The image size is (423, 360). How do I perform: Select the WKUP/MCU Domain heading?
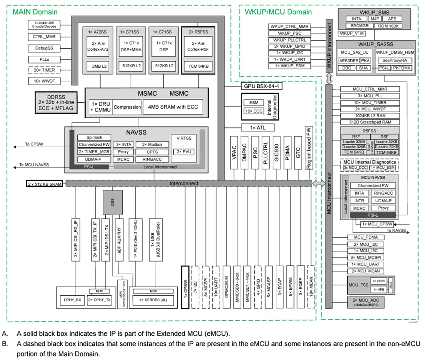278,12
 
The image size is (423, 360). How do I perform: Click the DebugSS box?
44,48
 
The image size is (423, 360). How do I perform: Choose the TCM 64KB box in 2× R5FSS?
199,66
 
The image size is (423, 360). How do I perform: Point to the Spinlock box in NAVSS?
94,137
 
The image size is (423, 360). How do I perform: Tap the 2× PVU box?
184,152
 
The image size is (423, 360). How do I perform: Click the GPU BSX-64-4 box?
261,86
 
